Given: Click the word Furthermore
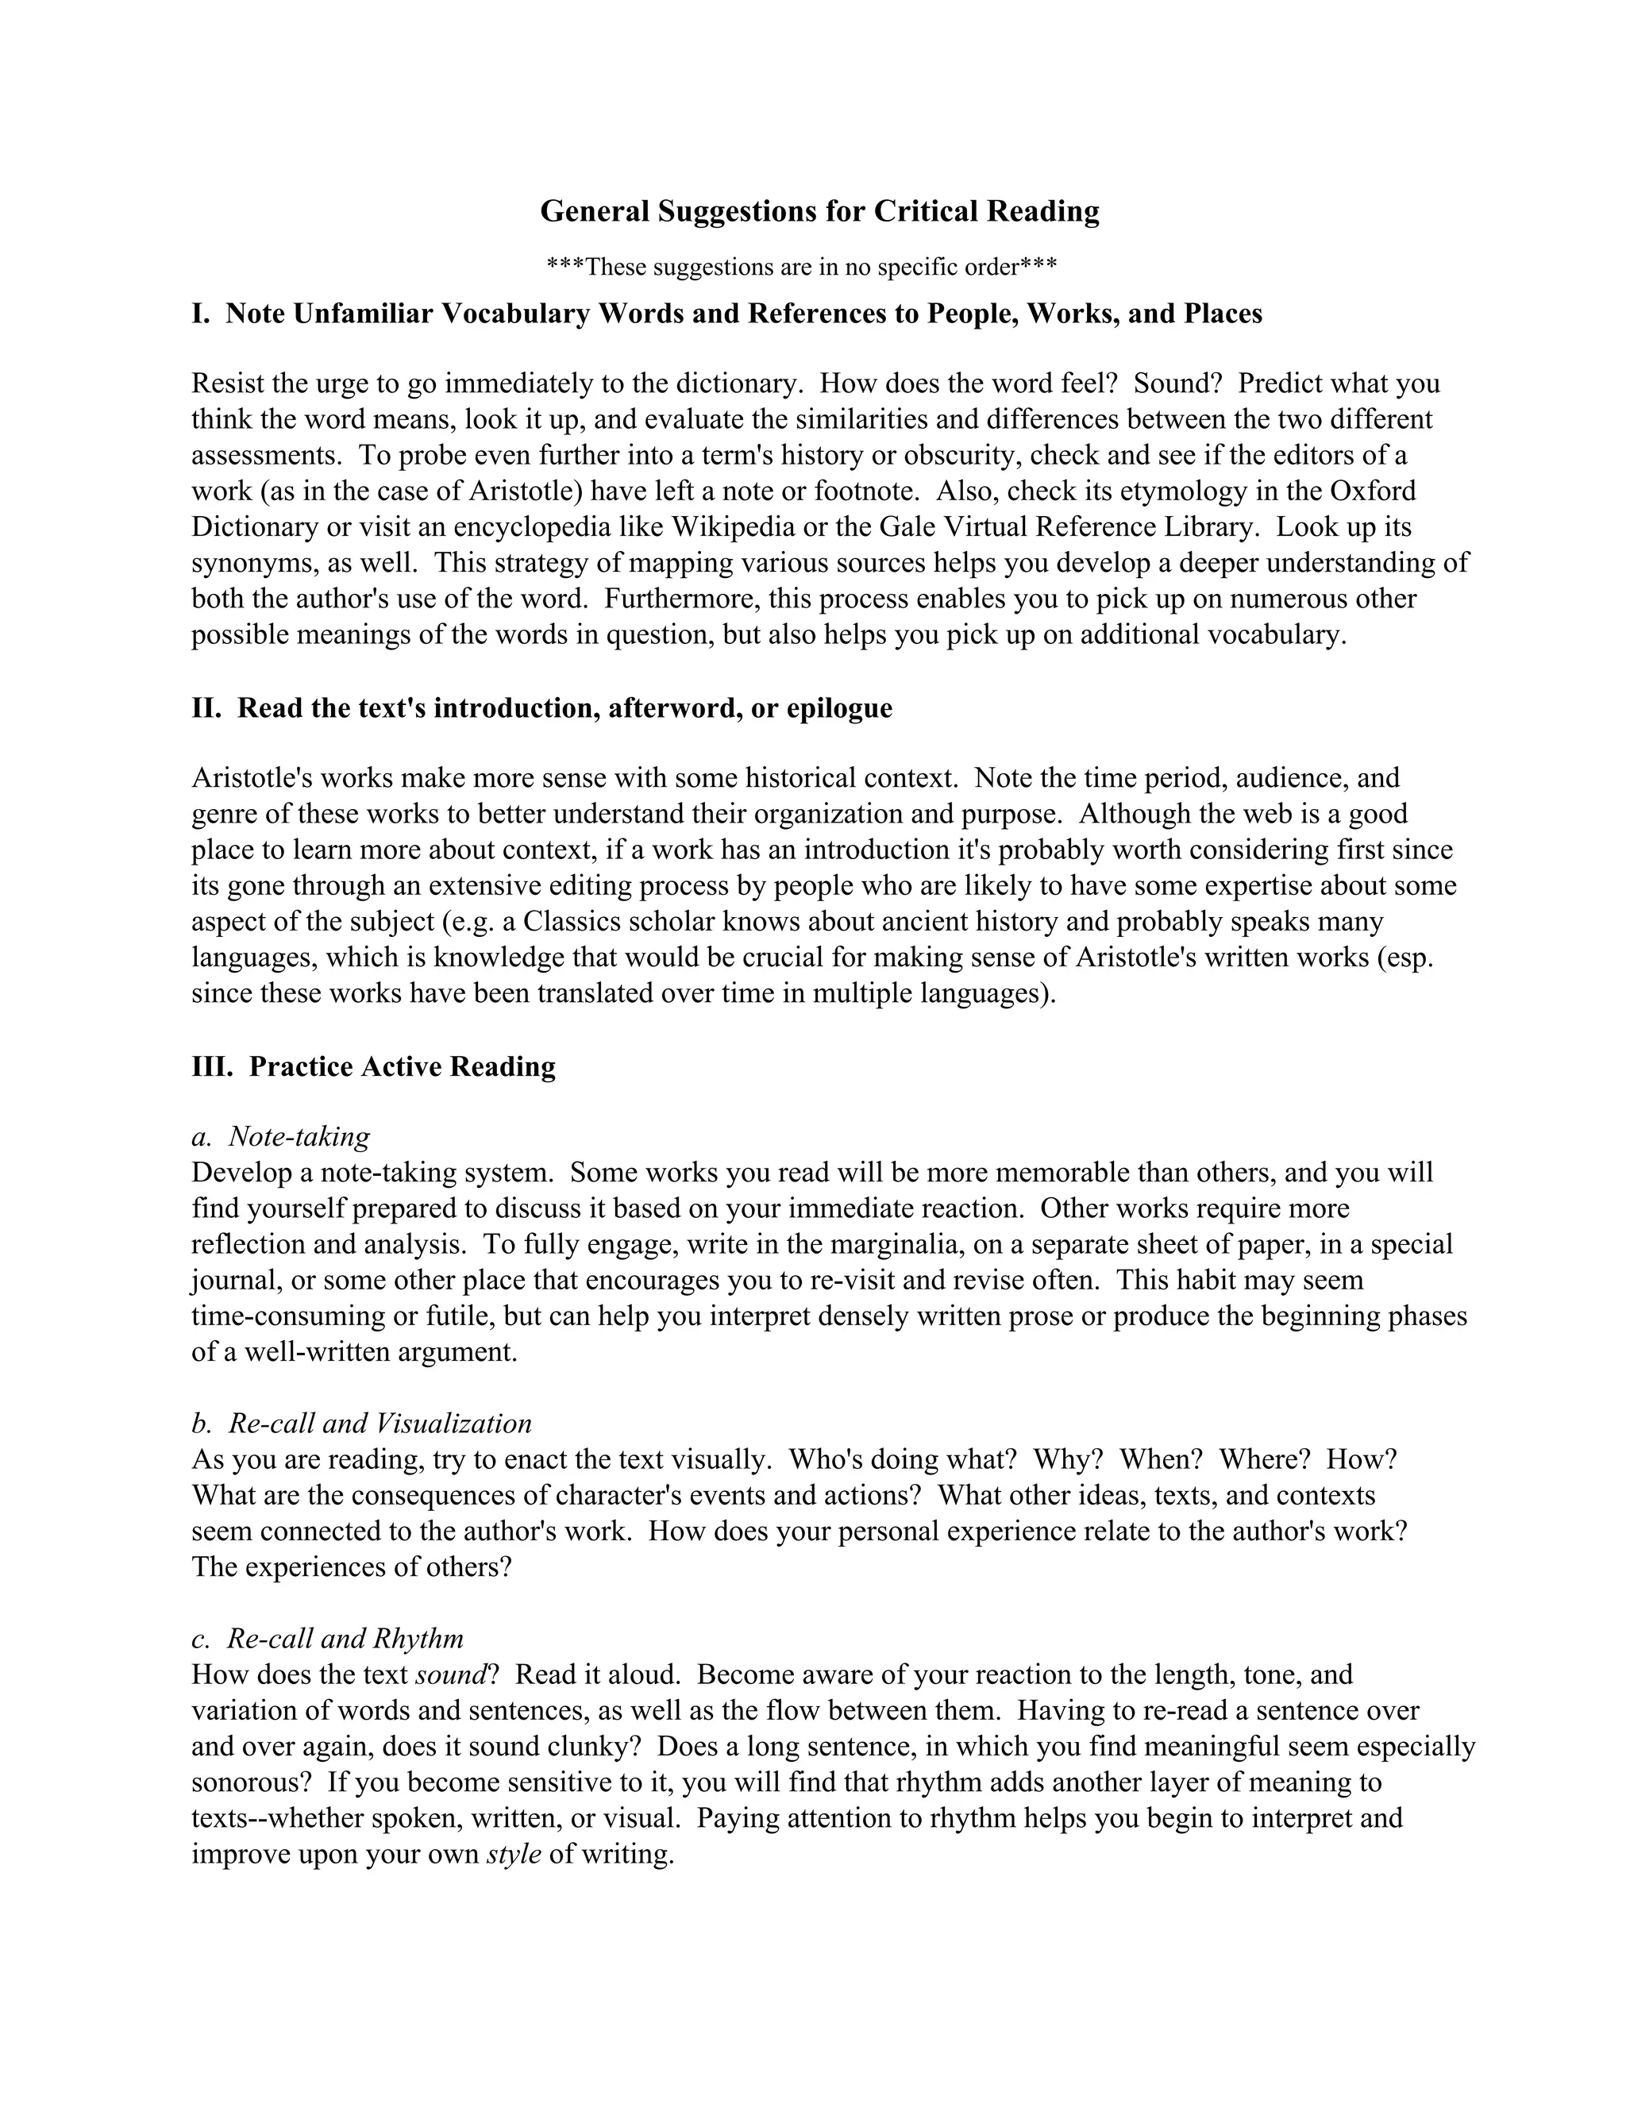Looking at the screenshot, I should (676, 599).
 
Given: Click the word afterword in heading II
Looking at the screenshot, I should (670, 708).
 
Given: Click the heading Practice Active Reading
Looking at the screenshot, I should (402, 1066).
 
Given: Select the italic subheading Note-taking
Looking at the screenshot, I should (299, 1137).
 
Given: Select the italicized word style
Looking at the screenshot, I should (514, 1855).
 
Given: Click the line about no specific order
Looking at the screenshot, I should (801, 267).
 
